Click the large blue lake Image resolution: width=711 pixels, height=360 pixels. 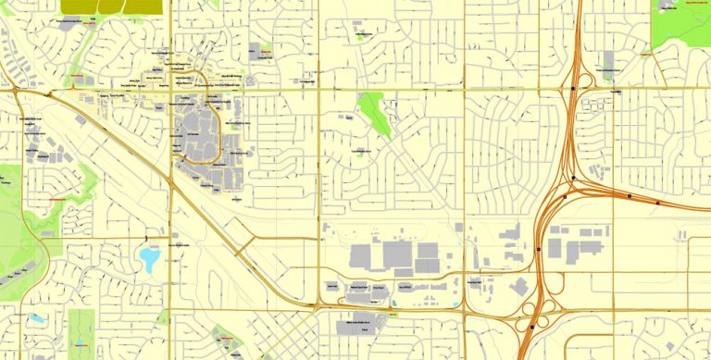click(149, 258)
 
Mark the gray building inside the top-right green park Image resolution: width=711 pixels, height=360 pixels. click(667, 6)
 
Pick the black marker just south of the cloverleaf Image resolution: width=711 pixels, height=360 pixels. click(531, 326)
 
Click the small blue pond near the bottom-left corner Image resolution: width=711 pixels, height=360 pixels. click(36, 318)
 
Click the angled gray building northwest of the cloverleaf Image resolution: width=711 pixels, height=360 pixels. click(518, 287)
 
